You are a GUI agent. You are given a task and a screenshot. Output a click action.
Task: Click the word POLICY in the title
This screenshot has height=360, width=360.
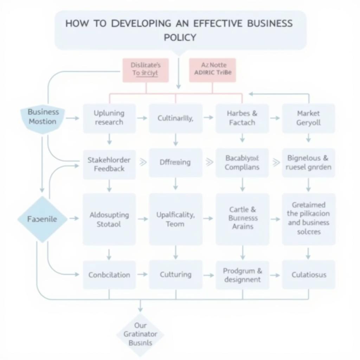coord(180,37)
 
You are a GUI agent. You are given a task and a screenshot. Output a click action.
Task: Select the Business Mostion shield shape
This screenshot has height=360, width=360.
coord(43,118)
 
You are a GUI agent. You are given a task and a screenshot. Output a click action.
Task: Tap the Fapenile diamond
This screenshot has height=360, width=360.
coord(42,219)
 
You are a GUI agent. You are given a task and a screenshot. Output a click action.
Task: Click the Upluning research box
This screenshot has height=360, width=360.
coord(109,118)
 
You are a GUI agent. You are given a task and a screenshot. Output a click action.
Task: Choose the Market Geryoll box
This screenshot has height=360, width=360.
coord(308,118)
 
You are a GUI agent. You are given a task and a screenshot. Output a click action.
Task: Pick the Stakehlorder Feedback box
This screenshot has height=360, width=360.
coord(109,164)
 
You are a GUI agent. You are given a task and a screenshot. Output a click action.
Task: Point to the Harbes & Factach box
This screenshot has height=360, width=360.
coord(242,118)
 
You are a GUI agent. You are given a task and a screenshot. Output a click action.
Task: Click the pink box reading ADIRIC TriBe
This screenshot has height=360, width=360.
coord(212,70)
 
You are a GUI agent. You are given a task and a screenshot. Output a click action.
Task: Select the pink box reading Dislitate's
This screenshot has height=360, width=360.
coord(146,70)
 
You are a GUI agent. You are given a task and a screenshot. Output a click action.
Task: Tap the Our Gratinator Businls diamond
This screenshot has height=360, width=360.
coord(140,334)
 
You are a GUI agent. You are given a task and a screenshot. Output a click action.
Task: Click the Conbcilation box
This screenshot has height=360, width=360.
coord(109,275)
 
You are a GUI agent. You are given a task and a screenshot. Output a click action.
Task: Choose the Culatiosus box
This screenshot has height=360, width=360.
coord(308,275)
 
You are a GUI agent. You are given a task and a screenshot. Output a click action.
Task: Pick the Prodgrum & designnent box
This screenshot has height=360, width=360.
coord(242,275)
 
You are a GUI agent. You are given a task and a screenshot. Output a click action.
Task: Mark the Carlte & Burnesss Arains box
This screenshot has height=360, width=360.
coord(242,218)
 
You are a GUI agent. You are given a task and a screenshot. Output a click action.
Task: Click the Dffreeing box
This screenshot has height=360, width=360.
coord(175,162)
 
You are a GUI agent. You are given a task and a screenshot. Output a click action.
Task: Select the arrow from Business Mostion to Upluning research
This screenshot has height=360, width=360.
coord(73,118)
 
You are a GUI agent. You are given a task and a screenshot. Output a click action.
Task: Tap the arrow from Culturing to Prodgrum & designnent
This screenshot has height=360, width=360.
coord(208,275)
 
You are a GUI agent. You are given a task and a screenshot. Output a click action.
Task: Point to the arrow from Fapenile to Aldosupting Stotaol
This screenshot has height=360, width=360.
coord(74,219)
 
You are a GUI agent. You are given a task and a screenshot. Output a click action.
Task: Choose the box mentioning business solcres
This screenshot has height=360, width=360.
coord(308,218)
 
